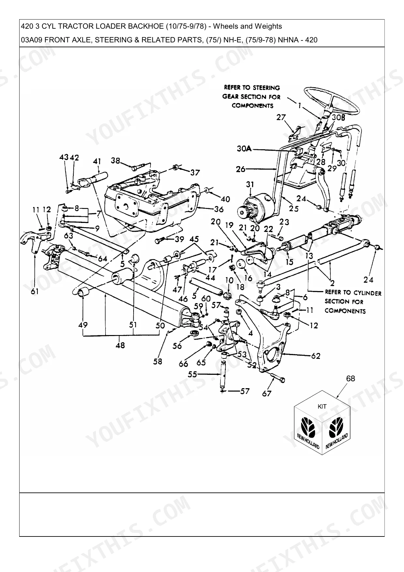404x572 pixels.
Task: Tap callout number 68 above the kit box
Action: click(351, 378)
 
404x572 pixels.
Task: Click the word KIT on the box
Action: click(322, 406)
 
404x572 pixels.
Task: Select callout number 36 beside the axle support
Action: click(219, 209)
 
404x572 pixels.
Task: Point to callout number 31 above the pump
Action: click(250, 184)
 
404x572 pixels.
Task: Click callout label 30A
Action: click(244, 149)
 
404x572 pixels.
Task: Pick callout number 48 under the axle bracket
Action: click(120, 345)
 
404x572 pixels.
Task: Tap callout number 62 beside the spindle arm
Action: click(316, 356)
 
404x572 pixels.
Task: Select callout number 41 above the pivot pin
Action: click(97, 161)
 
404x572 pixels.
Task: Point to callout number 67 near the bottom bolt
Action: click(267, 393)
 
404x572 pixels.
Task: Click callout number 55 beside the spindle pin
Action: click(193, 374)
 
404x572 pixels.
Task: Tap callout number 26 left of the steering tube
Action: click(241, 169)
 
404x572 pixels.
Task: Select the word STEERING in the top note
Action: click(266, 88)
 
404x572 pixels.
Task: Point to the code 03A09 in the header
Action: click(32, 40)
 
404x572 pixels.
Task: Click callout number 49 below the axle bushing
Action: click(83, 325)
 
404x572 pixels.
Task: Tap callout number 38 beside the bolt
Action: click(115, 160)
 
